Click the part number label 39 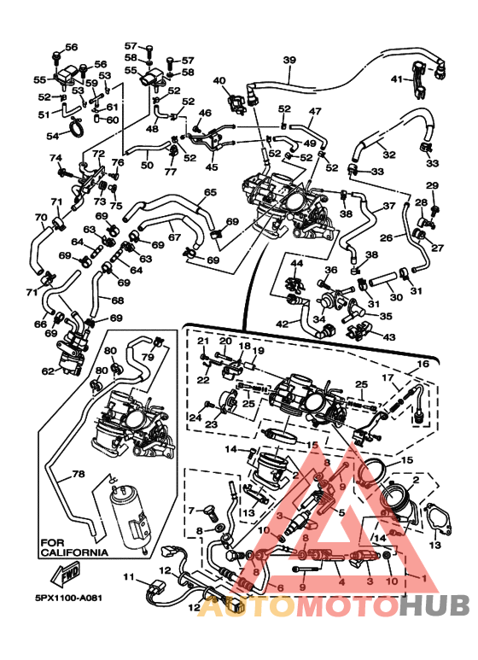point(289,60)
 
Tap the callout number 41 point(397,79)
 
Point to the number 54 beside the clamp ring point(53,136)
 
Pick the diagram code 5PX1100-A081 point(68,598)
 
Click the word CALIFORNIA point(74,552)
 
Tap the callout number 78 point(79,474)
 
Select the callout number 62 point(49,371)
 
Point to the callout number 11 point(129,576)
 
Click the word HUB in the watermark point(434,606)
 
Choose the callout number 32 point(389,155)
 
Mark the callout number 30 point(396,297)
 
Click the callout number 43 point(389,336)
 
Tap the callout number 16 point(423,364)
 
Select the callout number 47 point(315,111)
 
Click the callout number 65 point(210,192)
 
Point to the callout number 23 point(211,423)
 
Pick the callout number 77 point(170,172)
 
